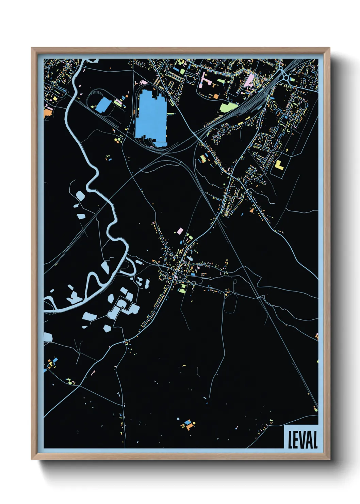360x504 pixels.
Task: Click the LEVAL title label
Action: tap(302, 440)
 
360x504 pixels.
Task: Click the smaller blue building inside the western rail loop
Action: tap(103, 105)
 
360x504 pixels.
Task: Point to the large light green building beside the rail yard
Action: tap(228, 107)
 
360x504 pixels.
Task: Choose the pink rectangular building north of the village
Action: tap(180, 231)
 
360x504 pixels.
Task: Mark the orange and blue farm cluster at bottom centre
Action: tap(187, 424)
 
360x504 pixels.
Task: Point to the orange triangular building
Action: tap(252, 210)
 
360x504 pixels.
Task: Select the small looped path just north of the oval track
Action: tap(235, 282)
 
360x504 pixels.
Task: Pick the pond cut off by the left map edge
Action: tap(48, 337)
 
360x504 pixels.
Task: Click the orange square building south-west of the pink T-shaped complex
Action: tap(216, 96)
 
